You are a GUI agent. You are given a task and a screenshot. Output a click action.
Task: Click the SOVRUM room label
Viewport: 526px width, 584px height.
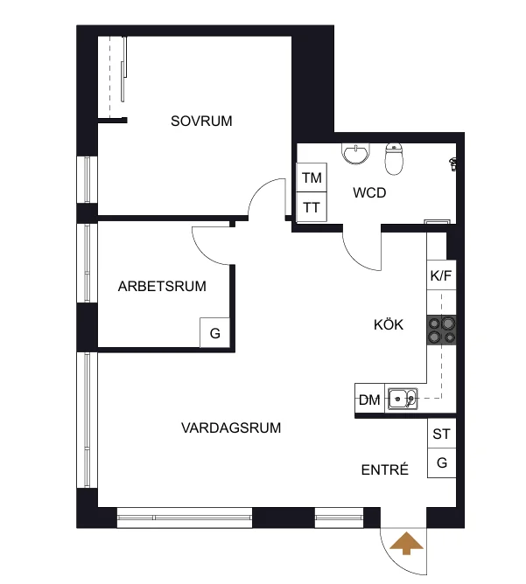(201, 121)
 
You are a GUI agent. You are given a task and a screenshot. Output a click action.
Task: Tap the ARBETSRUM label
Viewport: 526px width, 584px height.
(162, 286)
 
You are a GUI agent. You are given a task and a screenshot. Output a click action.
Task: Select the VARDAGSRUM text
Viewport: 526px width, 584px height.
(231, 428)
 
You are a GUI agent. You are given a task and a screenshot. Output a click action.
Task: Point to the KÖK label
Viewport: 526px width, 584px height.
(389, 324)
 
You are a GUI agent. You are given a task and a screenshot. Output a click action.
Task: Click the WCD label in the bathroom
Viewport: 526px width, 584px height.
(369, 193)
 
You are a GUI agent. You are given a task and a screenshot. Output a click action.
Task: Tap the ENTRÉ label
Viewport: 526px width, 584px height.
(385, 469)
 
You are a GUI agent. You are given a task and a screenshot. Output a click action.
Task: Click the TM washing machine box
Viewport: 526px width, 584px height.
(312, 177)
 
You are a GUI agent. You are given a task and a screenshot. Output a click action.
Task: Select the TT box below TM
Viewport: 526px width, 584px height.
(312, 207)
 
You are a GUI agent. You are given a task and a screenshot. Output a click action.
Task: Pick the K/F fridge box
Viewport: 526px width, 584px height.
(441, 275)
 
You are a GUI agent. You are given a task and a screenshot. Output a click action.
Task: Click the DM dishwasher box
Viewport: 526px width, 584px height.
(369, 399)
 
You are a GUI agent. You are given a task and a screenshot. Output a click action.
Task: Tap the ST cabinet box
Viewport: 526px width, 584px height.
(442, 434)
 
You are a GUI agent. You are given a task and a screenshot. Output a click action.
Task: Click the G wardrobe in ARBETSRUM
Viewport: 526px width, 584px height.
(214, 332)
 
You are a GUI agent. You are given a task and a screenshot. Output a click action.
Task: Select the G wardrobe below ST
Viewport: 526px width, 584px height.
(442, 463)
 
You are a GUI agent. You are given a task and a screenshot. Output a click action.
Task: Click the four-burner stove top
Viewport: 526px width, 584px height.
(441, 330)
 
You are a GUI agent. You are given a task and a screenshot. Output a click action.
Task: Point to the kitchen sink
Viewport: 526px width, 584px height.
(403, 399)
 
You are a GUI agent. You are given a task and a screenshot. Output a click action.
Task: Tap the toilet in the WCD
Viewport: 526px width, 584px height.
(394, 158)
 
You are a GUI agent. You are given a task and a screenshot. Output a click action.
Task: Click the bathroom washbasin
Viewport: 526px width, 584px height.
(356, 154)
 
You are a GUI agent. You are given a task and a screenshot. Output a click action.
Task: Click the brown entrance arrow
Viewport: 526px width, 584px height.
(406, 544)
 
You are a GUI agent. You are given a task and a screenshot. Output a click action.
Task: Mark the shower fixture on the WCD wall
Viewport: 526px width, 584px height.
(453, 163)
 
